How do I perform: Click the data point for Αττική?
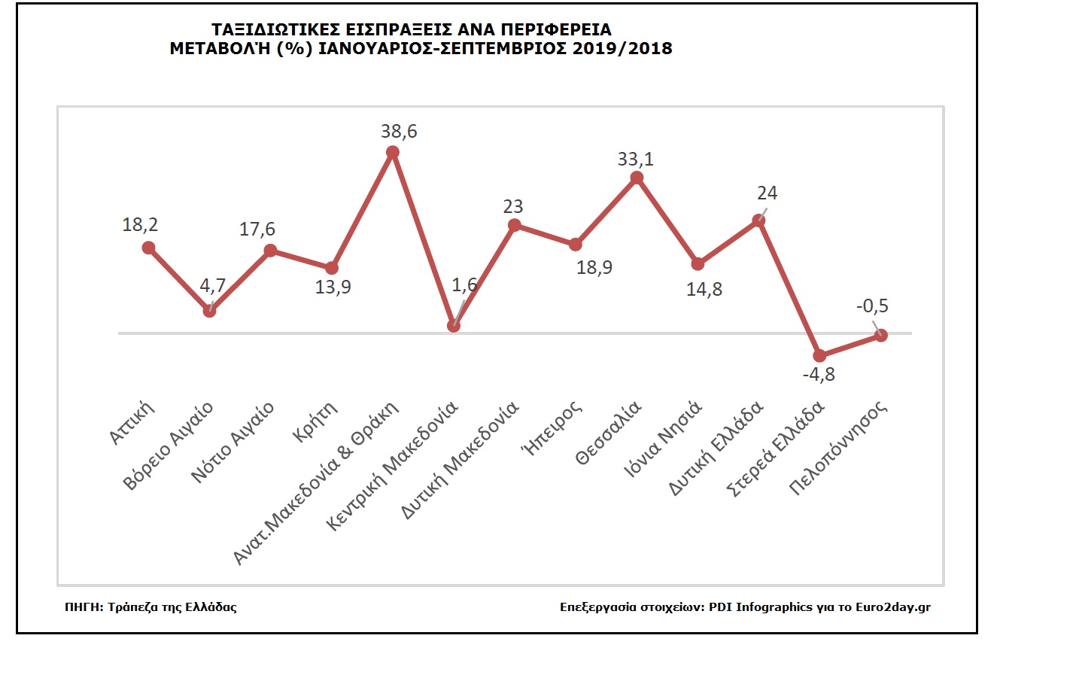(148, 248)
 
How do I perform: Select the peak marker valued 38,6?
(392, 152)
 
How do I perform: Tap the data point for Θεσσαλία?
(637, 178)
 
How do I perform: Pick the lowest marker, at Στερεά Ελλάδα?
(819, 356)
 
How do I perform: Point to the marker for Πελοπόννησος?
(881, 335)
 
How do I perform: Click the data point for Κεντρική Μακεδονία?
(453, 326)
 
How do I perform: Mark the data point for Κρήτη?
(332, 268)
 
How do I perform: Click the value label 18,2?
(140, 225)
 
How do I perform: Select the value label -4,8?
(819, 375)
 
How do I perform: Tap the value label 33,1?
(636, 160)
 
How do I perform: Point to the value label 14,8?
(704, 290)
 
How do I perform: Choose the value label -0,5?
(872, 306)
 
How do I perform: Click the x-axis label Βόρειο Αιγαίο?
(169, 446)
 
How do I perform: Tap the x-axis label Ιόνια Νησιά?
(663, 439)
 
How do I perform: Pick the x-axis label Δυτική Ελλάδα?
(716, 448)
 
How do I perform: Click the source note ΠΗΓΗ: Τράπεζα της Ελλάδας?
(150, 607)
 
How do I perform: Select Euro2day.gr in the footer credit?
(893, 607)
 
